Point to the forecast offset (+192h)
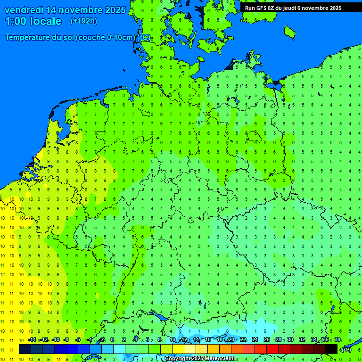pos(83,21)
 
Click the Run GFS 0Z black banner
pos(292,8)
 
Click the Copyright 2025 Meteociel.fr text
pos(200,358)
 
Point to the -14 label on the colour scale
pos(32,340)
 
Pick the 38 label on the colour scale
pos(337,340)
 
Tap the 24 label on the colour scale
pos(255,340)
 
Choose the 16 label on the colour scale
pos(208,340)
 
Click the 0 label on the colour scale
pos(112,340)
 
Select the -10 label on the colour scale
pos(55,340)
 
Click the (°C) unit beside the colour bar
pos(346,350)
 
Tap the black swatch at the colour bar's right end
pos(331,349)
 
